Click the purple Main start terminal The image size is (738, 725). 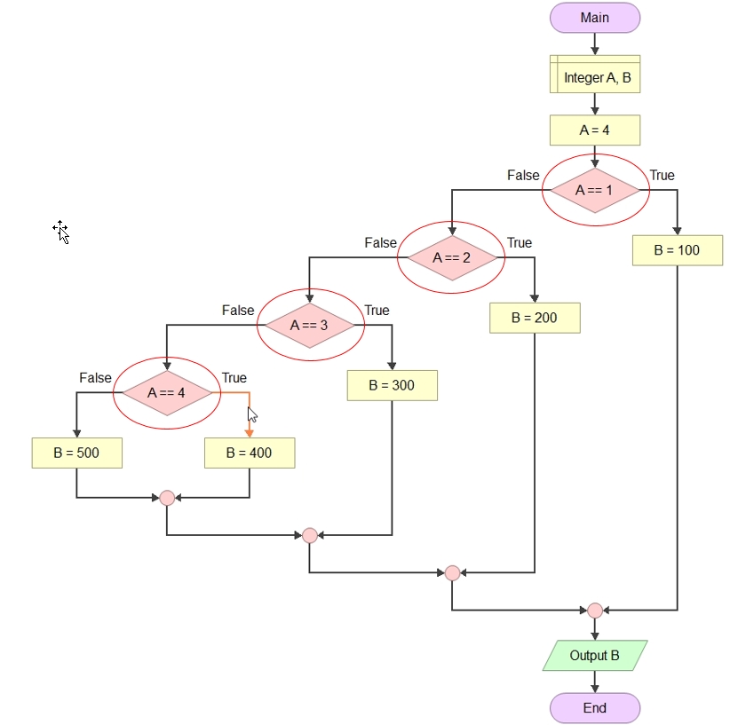tap(595, 18)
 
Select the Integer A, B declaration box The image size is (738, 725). tap(595, 75)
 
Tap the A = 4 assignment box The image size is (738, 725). tap(595, 130)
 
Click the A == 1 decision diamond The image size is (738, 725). tap(595, 191)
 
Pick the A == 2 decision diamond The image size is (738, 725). tap(452, 257)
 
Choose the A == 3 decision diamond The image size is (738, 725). tap(310, 326)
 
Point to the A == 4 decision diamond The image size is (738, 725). tap(167, 393)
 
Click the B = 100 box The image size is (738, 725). tap(678, 250)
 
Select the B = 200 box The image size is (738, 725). tap(535, 319)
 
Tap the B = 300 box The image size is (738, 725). tap(392, 385)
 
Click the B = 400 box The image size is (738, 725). tap(250, 453)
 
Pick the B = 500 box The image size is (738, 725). tap(76, 453)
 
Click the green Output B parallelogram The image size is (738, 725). tap(595, 656)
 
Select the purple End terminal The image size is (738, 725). tap(595, 708)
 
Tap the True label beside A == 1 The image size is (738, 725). tap(663, 176)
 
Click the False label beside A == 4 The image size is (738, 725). tap(96, 378)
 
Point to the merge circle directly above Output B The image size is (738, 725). tap(595, 611)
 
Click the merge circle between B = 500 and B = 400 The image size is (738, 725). tap(167, 498)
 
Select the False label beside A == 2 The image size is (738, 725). tap(381, 243)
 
